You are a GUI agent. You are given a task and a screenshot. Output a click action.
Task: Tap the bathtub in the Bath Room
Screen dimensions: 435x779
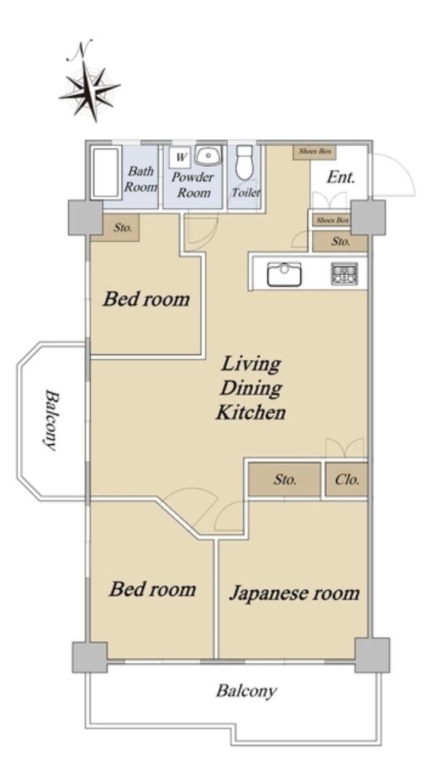coord(106,172)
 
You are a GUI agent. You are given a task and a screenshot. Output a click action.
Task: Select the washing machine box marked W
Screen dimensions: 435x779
coord(180,158)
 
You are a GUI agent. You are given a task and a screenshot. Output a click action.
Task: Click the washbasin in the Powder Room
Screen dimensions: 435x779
coord(208,156)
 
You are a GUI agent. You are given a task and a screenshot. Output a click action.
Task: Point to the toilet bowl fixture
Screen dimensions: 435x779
coord(244,163)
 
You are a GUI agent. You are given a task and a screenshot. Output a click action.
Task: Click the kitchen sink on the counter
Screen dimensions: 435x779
coord(284,274)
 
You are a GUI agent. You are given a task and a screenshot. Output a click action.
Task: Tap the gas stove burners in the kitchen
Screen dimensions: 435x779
coord(344,274)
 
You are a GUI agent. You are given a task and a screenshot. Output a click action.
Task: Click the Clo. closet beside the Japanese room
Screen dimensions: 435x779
coord(347,480)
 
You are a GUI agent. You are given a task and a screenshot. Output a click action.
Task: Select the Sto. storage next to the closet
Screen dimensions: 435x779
coord(284,480)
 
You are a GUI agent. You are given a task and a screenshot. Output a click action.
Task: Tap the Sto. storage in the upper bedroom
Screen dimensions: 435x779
coord(115,228)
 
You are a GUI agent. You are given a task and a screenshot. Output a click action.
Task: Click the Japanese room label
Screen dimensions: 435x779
coord(294,593)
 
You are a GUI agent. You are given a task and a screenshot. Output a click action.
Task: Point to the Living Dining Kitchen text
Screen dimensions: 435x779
coord(251,388)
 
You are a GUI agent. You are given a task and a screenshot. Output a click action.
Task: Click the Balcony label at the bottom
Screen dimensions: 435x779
coord(246,691)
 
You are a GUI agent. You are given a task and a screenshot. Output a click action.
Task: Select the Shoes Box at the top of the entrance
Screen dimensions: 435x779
coord(315,152)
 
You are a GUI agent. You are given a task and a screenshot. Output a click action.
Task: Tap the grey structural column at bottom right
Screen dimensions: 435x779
coord(372,656)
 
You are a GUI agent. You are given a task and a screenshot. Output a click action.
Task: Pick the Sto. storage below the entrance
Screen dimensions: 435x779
coord(340,242)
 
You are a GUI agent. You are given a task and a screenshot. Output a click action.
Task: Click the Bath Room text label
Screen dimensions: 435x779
coord(141,179)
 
